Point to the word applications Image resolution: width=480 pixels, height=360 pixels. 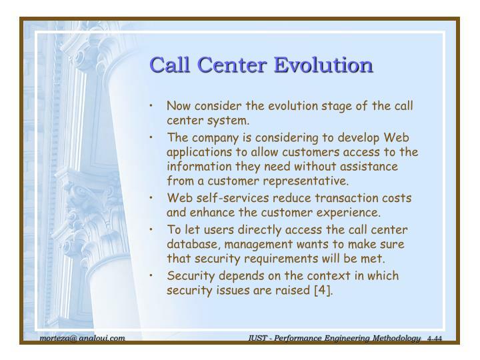(x=199, y=152)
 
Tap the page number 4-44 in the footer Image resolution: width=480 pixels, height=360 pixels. (x=434, y=339)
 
